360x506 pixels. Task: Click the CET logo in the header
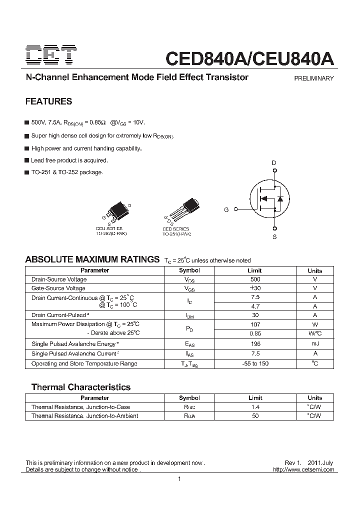(x=51, y=56)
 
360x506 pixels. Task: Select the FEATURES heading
(x=48, y=101)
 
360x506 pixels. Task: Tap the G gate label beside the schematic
(x=226, y=210)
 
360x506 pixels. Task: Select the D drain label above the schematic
(x=273, y=163)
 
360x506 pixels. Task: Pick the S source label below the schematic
(x=274, y=237)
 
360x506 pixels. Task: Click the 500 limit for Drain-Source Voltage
(x=255, y=279)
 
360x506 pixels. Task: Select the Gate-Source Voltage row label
(x=58, y=288)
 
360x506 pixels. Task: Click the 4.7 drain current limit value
(x=255, y=306)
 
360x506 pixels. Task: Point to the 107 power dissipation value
(x=255, y=324)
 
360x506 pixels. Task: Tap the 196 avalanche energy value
(x=255, y=343)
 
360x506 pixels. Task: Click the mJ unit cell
(x=314, y=343)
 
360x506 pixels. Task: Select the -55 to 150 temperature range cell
(x=255, y=363)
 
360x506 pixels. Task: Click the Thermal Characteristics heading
(x=80, y=387)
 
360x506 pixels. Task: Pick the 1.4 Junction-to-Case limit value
(x=255, y=407)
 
